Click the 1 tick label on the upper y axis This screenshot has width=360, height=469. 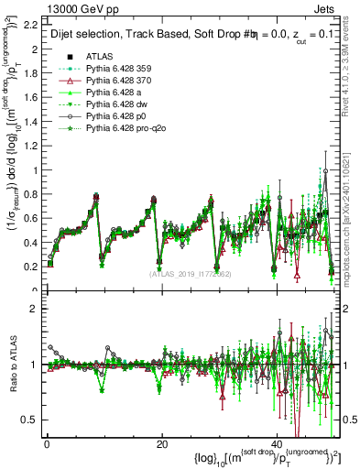pyautogui.click(x=38, y=169)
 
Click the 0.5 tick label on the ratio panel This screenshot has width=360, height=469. pyautogui.click(x=33, y=420)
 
